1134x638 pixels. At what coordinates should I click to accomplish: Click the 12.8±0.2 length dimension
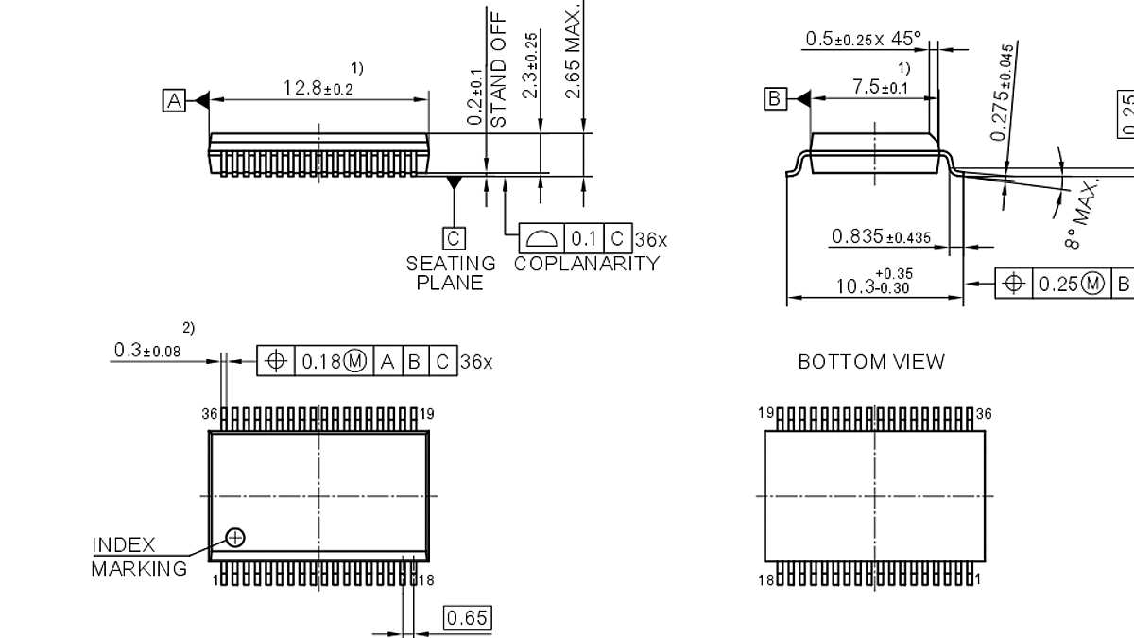pyautogui.click(x=318, y=88)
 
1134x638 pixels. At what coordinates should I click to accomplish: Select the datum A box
pyautogui.click(x=174, y=100)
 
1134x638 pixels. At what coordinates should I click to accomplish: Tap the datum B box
pyautogui.click(x=775, y=98)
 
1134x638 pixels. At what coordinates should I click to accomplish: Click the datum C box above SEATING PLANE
pyautogui.click(x=455, y=237)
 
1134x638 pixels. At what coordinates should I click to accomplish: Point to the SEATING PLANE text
pyautogui.click(x=451, y=273)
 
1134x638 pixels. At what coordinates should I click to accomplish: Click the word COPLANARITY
pyautogui.click(x=586, y=264)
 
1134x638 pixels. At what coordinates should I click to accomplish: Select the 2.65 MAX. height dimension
pyautogui.click(x=574, y=52)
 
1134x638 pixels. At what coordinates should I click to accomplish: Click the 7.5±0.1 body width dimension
pyautogui.click(x=880, y=87)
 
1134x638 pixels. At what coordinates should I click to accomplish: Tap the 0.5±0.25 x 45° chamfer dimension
pyautogui.click(x=862, y=39)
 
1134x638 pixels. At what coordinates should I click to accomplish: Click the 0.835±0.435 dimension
pyautogui.click(x=881, y=236)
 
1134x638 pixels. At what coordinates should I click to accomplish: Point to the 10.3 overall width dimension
pyautogui.click(x=874, y=282)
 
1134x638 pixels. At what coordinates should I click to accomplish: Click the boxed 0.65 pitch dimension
pyautogui.click(x=467, y=618)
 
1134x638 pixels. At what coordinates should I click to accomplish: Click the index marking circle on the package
pyautogui.click(x=235, y=538)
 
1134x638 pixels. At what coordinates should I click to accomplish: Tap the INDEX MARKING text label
pyautogui.click(x=138, y=557)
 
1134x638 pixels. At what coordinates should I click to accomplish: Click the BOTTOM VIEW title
pyautogui.click(x=870, y=361)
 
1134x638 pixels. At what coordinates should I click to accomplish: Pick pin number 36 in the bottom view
pyautogui.click(x=984, y=413)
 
